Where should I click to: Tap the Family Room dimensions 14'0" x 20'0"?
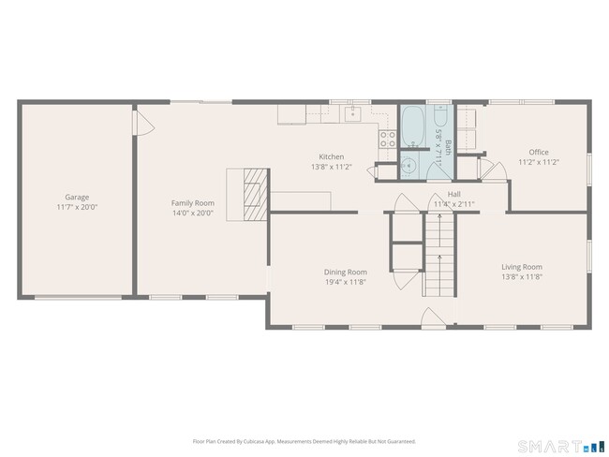[x=192, y=213]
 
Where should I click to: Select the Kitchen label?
[x=331, y=156]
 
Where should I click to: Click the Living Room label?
[x=521, y=266]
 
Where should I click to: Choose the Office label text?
[x=538, y=152]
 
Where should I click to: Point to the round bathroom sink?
[x=408, y=166]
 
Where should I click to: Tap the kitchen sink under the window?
[x=353, y=114]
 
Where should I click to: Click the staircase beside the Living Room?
[x=438, y=253]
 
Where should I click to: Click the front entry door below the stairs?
[x=434, y=317]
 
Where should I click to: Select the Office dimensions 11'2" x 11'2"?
[x=538, y=161]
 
